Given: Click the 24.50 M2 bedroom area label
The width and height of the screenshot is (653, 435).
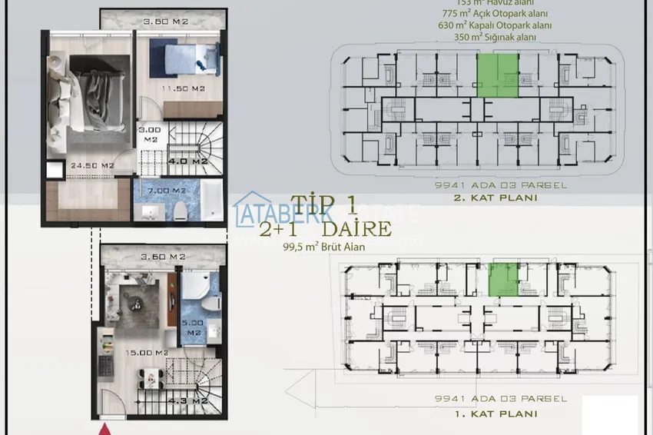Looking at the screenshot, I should (x=92, y=165).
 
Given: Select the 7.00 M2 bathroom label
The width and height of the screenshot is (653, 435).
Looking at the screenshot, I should (x=168, y=190).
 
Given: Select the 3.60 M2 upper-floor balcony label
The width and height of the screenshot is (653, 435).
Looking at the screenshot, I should (x=163, y=22).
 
